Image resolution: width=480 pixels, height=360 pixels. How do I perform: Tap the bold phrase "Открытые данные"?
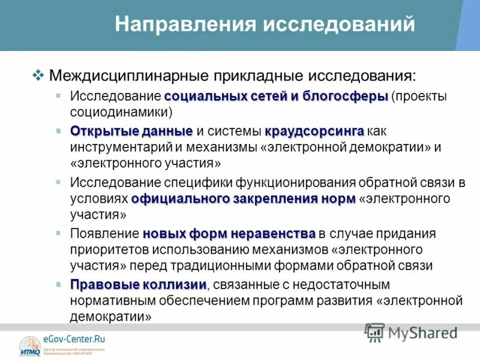click(131, 131)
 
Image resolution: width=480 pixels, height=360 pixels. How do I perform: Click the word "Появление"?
click(104, 233)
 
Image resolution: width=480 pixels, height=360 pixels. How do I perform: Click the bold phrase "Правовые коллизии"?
click(139, 284)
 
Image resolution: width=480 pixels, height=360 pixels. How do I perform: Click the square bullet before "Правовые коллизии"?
click(58, 283)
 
